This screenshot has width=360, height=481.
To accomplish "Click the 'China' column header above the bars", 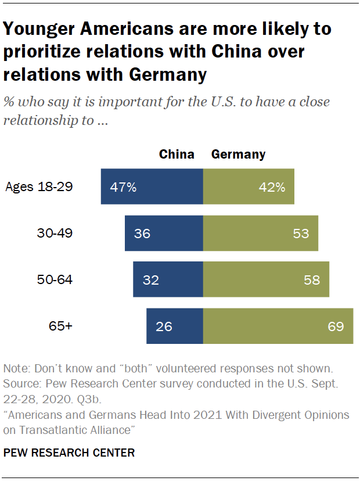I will point(177,155).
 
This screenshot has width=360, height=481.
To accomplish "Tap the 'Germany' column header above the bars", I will point(238,155).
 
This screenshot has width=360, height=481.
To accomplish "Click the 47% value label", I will point(124,187).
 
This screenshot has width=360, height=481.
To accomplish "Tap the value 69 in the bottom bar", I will point(336,326).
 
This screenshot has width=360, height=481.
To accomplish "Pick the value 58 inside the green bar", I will point(312,279).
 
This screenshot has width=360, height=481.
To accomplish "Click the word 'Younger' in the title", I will point(39,28).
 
